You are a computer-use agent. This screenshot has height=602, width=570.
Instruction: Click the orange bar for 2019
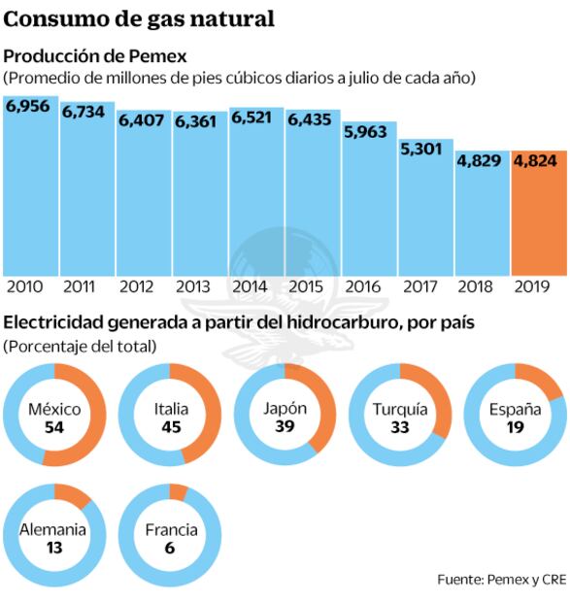click(x=539, y=223)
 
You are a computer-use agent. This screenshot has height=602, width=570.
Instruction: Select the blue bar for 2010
click(x=30, y=194)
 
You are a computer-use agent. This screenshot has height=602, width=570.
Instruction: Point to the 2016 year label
click(x=362, y=287)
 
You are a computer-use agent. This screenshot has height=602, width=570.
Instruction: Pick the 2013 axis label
click(x=193, y=287)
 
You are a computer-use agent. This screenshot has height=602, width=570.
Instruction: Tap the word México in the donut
click(x=54, y=410)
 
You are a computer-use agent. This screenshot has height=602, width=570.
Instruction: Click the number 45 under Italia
click(x=172, y=427)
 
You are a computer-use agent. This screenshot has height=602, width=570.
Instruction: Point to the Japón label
click(x=285, y=408)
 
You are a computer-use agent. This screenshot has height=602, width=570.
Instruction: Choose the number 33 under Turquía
click(x=399, y=427)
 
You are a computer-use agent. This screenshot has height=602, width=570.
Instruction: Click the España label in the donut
click(x=515, y=410)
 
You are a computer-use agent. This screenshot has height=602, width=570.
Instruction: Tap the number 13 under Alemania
click(x=53, y=548)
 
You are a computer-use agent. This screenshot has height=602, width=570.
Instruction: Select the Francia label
click(x=171, y=530)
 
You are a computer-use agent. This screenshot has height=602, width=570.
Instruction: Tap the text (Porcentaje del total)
click(x=80, y=346)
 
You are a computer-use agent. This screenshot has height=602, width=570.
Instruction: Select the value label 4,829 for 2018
click(x=483, y=162)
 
